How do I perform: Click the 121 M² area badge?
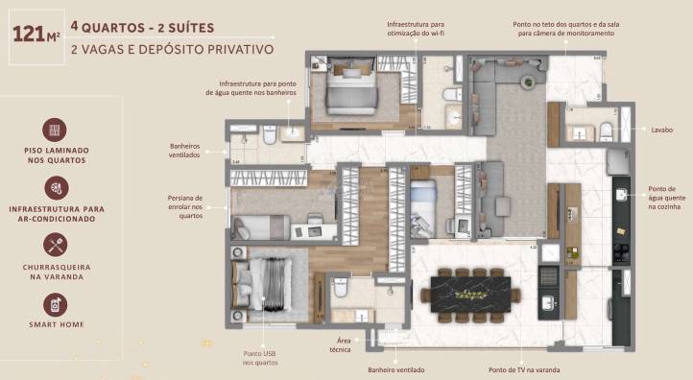pos(36,37)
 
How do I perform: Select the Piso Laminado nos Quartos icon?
pos(55,130)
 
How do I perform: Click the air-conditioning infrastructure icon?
pos(55,187)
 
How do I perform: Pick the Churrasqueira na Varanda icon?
pos(55,245)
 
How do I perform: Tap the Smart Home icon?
pos(55,303)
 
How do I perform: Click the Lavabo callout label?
pos(661,130)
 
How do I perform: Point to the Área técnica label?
pos(343,344)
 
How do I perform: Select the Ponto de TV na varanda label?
pos(524,369)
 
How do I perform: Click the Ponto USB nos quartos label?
pos(260,359)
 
